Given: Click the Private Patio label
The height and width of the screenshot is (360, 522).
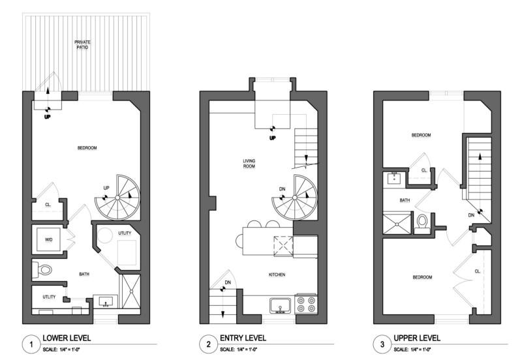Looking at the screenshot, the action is [x=82, y=44].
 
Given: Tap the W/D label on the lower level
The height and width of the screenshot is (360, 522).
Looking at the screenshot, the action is [x=48, y=239].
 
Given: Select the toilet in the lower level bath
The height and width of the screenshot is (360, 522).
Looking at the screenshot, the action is [x=42, y=269].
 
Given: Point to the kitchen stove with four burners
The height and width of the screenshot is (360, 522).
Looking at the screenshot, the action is [x=306, y=304].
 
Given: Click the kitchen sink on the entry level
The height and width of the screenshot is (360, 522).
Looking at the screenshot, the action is [x=281, y=305].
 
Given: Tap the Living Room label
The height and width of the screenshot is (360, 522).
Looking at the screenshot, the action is [x=249, y=163].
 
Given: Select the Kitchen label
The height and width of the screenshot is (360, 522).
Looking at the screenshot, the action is [x=277, y=275].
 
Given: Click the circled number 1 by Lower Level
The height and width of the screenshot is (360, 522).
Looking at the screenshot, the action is [x=31, y=344].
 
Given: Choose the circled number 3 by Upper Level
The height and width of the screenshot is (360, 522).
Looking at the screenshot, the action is [x=382, y=344].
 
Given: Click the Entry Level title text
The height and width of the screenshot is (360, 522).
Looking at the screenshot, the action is [x=243, y=338].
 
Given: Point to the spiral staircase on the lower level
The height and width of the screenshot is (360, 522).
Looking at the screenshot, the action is [x=117, y=198].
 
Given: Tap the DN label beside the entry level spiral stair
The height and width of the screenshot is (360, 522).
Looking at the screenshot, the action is [x=283, y=189].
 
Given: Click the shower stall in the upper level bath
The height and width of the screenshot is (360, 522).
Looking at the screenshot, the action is [x=397, y=224].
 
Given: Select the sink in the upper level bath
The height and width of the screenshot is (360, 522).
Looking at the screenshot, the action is [x=394, y=179].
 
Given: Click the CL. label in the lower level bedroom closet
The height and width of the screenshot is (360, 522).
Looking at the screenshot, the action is [x=48, y=205].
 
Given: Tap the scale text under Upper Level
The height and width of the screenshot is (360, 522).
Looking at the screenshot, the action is [x=412, y=350].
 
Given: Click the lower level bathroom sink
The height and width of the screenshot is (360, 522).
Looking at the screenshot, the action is [x=106, y=302].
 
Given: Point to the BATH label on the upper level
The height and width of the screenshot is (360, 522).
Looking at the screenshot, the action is [x=405, y=200].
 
